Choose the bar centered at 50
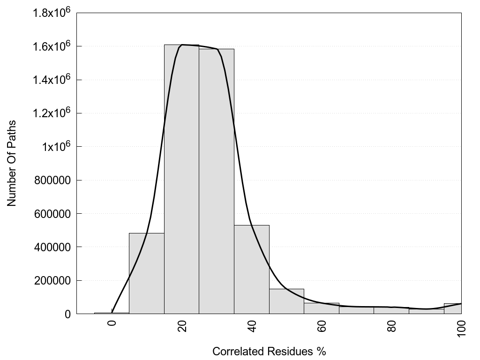pyautogui.click(x=286, y=301)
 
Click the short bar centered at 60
pyautogui.click(x=322, y=309)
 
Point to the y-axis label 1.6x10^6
pyautogui.click(x=52, y=46)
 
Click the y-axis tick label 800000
pyautogui.click(x=54, y=180)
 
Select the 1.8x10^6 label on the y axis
pyautogui.click(x=52, y=13)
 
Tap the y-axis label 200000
pyautogui.click(x=54, y=281)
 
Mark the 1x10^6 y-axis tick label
pyautogui.click(x=55, y=147)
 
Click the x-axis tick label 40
pyautogui.click(x=252, y=326)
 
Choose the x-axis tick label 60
pyautogui.click(x=322, y=326)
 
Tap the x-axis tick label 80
pyautogui.click(x=392, y=326)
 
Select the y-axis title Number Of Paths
pyautogui.click(x=12, y=163)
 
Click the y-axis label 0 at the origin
pyautogui.click(x=67, y=314)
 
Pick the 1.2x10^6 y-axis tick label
pyautogui.click(x=52, y=113)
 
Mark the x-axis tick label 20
pyautogui.click(x=182, y=326)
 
